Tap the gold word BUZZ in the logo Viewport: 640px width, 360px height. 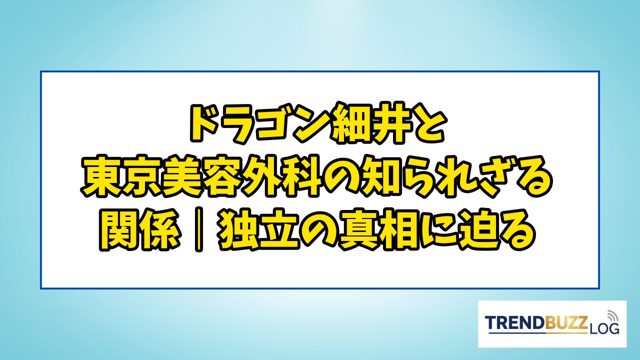click(567, 323)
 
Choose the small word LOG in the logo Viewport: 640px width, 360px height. click(603, 328)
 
